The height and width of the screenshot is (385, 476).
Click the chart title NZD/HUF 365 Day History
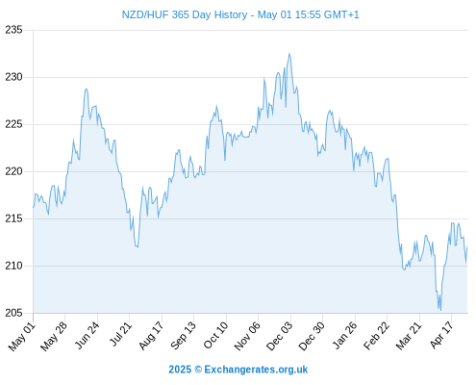[185, 14]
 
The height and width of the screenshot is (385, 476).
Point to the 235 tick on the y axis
[13, 30]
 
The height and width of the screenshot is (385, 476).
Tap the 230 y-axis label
[13, 77]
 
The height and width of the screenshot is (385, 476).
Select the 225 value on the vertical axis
[13, 124]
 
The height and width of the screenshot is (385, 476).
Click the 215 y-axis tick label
[13, 218]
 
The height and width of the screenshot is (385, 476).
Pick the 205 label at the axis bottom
[13, 313]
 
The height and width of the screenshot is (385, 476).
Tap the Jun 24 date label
[88, 335]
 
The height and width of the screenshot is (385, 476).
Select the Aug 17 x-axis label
[151, 335]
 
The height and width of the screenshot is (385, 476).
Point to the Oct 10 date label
[216, 335]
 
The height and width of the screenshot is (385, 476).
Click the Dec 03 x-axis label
[280, 336]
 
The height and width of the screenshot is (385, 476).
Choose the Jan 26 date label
[345, 335]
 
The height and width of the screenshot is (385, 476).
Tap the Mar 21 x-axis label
[409, 335]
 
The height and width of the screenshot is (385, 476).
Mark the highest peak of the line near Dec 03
[289, 54]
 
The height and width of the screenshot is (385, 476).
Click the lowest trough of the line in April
[440, 310]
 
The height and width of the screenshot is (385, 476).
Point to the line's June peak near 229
[86, 90]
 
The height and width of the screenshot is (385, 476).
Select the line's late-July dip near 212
[138, 246]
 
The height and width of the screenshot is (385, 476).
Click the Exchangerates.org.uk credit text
[256, 370]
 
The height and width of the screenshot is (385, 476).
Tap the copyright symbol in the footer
[198, 370]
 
